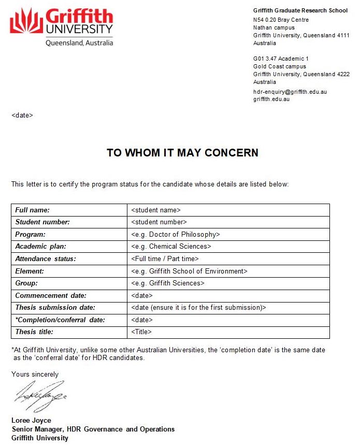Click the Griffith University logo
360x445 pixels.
[x=61, y=27]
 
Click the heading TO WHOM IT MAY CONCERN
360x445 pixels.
[x=182, y=153]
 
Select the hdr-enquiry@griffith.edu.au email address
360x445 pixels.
[x=290, y=92]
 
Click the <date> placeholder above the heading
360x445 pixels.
[x=22, y=115]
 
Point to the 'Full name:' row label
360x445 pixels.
[x=32, y=210]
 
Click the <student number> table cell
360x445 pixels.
[x=159, y=222]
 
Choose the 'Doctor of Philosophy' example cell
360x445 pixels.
[x=176, y=235]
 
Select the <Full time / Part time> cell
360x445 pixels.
[x=165, y=259]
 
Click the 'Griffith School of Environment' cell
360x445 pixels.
[x=189, y=271]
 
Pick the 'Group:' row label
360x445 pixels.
[x=26, y=283]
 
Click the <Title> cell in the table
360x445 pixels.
[x=141, y=332]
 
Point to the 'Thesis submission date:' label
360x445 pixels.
[x=55, y=308]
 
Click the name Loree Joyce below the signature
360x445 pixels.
[x=31, y=421]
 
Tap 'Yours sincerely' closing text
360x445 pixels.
[x=35, y=374]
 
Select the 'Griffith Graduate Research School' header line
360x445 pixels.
[x=300, y=11]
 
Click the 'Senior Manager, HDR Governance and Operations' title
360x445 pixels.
[x=93, y=429]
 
